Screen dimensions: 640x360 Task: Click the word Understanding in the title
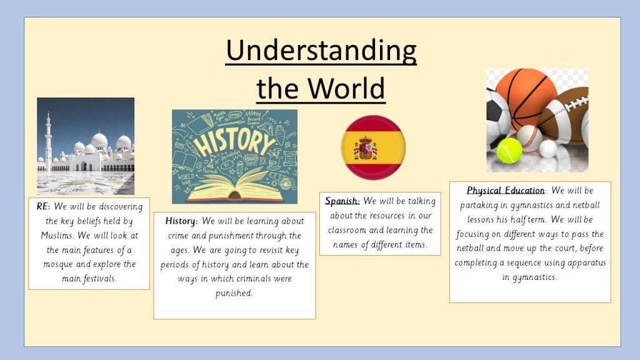coord(321,51)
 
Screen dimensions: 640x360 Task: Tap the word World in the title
coord(346,87)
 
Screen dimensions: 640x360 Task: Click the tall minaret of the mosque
coord(48,141)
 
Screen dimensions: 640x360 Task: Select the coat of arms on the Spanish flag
coord(365,148)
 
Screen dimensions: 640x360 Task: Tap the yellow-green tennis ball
coord(509,151)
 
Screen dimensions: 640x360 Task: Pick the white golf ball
coord(547,149)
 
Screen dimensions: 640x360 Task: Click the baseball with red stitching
coord(529,138)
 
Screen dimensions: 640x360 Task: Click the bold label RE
coord(42,206)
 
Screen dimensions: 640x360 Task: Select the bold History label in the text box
coord(180,221)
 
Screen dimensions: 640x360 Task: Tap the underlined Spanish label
coord(341,201)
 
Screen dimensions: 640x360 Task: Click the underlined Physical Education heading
coord(505,191)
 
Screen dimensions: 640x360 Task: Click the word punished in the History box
coord(234,294)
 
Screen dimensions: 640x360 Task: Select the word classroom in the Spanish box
coord(347,230)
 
